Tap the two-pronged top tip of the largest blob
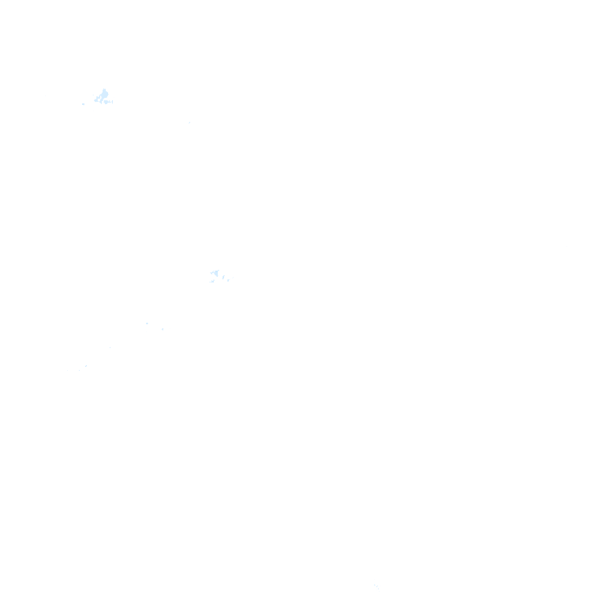pos(104,90)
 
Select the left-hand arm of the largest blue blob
pos(96,99)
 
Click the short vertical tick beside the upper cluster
pos(112,101)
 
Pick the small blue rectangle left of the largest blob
pos(83,103)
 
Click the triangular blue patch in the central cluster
pos(215,273)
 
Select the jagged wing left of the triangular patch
pos(211,273)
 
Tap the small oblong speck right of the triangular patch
pos(223,276)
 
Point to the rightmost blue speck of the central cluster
pos(228,279)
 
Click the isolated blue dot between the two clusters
pos(189,122)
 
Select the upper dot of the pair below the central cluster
pos(147,323)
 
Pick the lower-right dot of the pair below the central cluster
pos(163,329)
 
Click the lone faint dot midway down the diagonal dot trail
pos(110,347)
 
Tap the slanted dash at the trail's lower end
pos(86,365)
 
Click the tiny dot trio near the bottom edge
pos(376,585)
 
